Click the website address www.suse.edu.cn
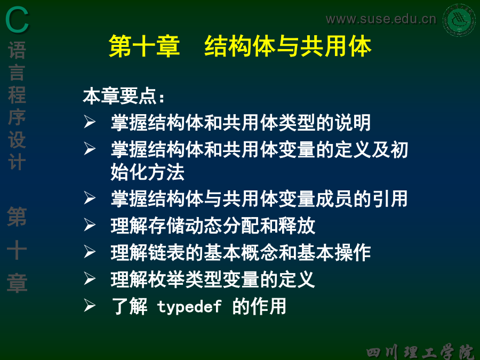tap(381, 19)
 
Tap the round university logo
tap(459, 20)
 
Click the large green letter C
tap(17, 20)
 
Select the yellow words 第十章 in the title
tap(144, 46)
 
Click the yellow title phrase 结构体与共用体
tap(288, 46)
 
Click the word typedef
tap(189, 306)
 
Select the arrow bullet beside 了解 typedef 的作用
tap(90, 306)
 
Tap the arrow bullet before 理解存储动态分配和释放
tap(90, 225)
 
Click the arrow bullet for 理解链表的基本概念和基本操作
tap(90, 252)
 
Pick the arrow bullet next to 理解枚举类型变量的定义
tap(90, 278)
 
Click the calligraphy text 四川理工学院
tap(421, 351)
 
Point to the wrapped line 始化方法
tap(148, 172)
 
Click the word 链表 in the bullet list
tap(166, 253)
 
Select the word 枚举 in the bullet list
tap(166, 279)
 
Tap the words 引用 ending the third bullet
tap(389, 199)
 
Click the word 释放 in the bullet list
tap(297, 226)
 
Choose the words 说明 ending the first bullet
tap(353, 123)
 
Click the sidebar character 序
tap(17, 117)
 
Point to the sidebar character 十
tap(17, 250)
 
